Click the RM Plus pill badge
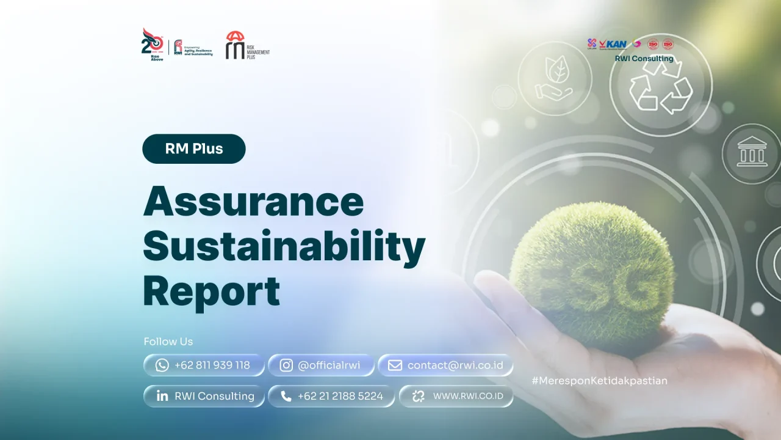point(194,148)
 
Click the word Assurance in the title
point(253,201)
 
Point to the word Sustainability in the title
point(284,246)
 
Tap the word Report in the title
point(211,291)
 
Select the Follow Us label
point(168,342)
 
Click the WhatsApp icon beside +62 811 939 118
point(162,365)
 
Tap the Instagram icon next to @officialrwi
point(286,365)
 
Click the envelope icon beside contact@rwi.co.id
point(395,365)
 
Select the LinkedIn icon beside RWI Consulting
point(162,396)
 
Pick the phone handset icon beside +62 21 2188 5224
point(286,396)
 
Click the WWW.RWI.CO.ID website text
point(468,396)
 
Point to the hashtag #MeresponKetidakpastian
point(599,381)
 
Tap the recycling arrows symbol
point(661,85)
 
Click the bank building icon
point(752,153)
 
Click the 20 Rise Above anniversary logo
point(153,45)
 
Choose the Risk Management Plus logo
point(247,46)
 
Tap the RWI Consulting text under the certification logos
point(644,59)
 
